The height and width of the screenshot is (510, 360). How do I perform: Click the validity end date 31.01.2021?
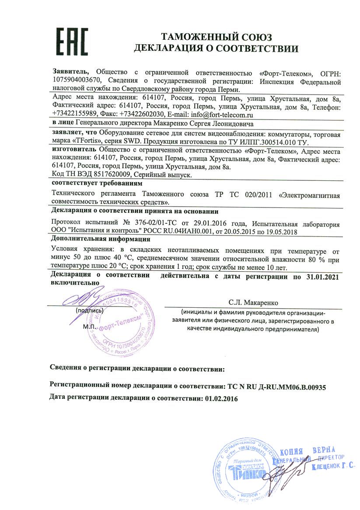[320, 277]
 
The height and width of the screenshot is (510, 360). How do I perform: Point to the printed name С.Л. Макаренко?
[256, 302]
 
